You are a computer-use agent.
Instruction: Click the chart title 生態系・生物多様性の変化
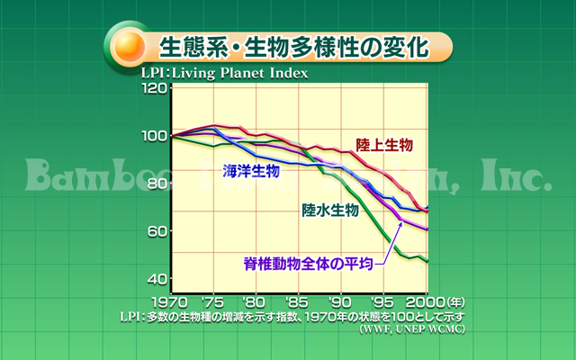point(292,44)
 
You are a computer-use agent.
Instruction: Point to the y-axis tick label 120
point(153,88)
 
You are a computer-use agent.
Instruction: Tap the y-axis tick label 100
point(153,136)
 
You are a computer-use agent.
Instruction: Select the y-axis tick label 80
point(157,184)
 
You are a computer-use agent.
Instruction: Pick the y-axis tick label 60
point(157,231)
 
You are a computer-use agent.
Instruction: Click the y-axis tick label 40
point(157,278)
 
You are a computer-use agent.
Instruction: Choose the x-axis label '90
point(339,301)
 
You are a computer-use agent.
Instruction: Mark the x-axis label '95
point(382,301)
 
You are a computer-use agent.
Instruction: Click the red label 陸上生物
point(384,145)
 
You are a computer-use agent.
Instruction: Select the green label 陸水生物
point(330,211)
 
